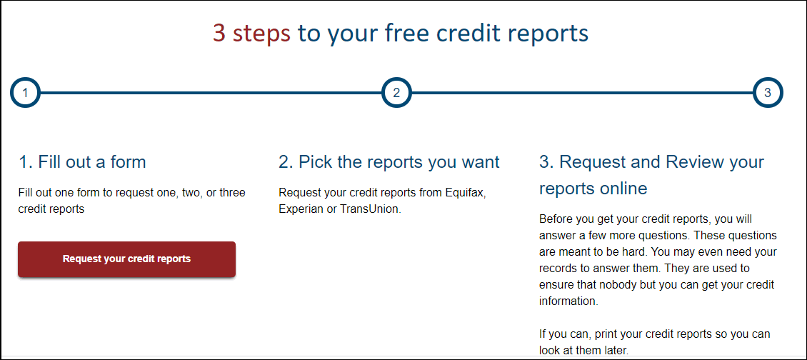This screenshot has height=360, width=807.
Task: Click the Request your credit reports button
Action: pos(126,259)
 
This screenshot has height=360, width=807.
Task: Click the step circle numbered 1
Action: pos(25,93)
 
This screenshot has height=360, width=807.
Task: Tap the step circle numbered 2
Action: pos(396,93)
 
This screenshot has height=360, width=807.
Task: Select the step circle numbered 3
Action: pos(768,93)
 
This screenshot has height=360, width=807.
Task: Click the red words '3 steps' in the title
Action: pos(251,34)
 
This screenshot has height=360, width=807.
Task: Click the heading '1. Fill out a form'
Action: pos(82,162)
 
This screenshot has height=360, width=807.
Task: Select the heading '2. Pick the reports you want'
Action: pos(389,162)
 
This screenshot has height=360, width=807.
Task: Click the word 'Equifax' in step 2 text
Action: pos(466,193)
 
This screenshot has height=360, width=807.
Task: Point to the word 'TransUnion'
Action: pos(369,209)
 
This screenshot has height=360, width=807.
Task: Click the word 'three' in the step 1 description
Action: pos(232,193)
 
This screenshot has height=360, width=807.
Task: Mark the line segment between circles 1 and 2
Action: pos(211,93)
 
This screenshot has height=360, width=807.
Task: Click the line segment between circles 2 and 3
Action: pos(582,93)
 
